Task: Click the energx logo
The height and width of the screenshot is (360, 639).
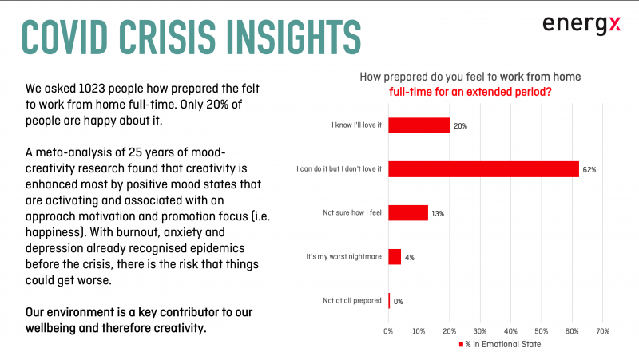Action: pos(581,25)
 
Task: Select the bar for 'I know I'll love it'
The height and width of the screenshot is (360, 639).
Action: pos(419,125)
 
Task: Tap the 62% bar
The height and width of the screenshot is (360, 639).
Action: pos(484,169)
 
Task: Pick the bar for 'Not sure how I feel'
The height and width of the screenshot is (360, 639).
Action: pos(408,213)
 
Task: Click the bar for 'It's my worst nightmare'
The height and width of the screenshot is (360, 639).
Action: pos(395,257)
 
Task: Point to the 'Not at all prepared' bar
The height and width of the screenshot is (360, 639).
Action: pos(389,301)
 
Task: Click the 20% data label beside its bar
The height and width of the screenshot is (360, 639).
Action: pos(461,126)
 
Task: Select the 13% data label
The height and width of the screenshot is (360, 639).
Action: pos(438,214)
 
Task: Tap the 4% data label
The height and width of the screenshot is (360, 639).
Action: pos(410,257)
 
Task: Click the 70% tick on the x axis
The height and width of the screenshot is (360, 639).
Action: pos(603,331)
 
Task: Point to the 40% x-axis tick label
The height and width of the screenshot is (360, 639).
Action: pos(510,331)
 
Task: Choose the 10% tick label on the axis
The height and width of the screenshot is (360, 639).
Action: pos(419,331)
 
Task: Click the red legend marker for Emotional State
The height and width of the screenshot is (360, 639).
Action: pos(461,345)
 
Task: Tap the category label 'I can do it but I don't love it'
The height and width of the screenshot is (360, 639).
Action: pos(339,168)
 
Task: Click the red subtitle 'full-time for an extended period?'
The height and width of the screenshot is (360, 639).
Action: pos(470,92)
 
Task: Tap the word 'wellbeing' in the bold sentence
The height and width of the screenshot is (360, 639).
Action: pos(50,328)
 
